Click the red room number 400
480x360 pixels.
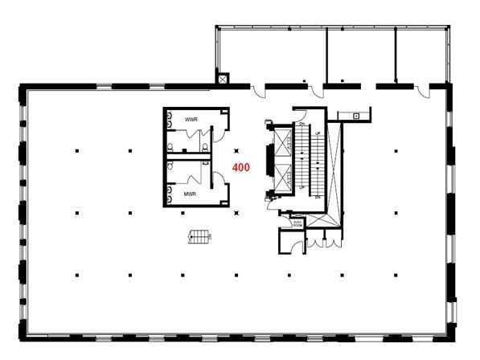(240, 168)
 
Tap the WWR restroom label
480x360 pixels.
(191, 120)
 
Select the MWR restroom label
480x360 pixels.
(191, 194)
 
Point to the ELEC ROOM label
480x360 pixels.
(297, 224)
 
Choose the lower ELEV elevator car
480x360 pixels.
(284, 176)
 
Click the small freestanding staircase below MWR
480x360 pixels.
(199, 235)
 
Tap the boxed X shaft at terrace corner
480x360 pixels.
(223, 80)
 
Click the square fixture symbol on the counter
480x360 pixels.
(355, 116)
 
